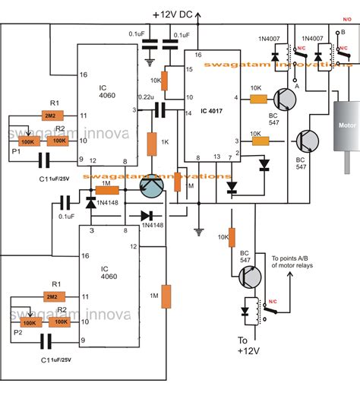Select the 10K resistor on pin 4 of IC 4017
259,98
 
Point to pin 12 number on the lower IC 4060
134,246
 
